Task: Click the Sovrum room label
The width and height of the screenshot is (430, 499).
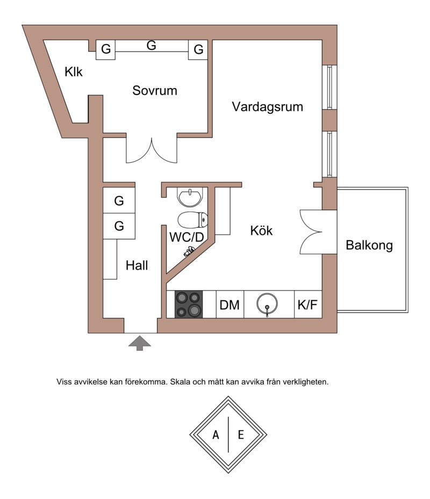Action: coord(154,91)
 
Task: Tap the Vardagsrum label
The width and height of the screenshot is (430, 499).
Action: coord(267,107)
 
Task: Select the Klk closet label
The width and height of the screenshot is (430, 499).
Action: coord(74,72)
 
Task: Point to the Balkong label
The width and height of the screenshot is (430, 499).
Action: coord(369,245)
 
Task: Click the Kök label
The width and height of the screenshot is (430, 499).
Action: coord(261,230)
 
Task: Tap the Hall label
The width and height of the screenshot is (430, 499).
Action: coord(137,265)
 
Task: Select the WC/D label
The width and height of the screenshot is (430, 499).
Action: coord(187,237)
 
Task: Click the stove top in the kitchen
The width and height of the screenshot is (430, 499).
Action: coord(189,304)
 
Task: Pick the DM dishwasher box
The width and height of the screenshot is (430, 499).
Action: coord(230,304)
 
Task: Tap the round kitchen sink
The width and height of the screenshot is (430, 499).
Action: coord(267,304)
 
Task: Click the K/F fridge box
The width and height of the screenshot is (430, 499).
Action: coord(307,304)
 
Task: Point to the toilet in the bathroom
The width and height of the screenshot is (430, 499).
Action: coord(193,220)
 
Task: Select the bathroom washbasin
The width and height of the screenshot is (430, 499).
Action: coord(190,197)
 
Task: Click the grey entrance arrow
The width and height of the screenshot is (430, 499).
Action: coord(140,343)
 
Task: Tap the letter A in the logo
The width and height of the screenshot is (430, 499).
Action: coord(216,435)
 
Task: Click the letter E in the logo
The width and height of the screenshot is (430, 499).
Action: coord(241,435)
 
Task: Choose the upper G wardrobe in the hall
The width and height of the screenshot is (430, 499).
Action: coord(119,200)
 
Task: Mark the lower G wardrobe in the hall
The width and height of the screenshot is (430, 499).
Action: coord(119,226)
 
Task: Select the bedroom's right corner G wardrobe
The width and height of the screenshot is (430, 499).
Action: coord(198,49)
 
